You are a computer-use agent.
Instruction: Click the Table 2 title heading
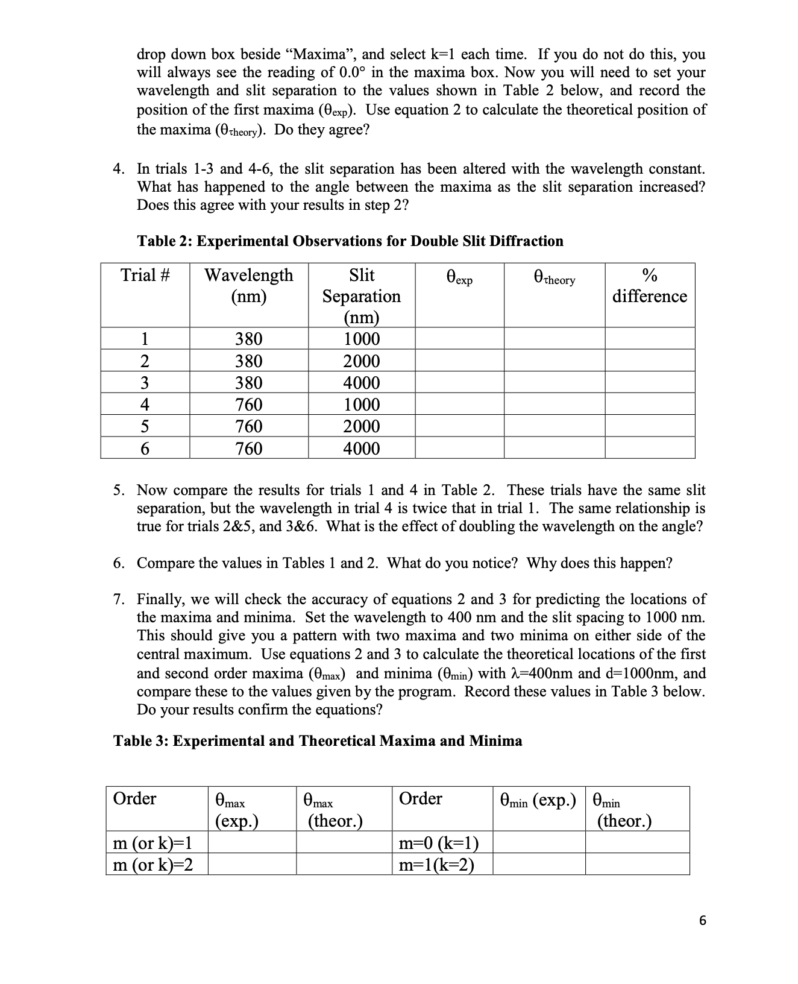pyautogui.click(x=350, y=241)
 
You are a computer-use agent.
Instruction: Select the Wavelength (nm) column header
pyautogui.click(x=248, y=286)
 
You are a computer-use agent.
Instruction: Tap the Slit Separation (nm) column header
pyautogui.click(x=361, y=295)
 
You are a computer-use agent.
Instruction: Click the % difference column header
pyautogui.click(x=649, y=286)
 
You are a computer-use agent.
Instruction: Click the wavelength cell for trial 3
pyautogui.click(x=248, y=383)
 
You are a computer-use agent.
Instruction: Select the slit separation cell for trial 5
pyautogui.click(x=361, y=426)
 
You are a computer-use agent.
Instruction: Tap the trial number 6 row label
pyautogui.click(x=145, y=449)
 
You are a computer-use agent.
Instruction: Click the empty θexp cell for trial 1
pyautogui.click(x=459, y=338)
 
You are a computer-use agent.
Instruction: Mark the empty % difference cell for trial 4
pyautogui.click(x=649, y=405)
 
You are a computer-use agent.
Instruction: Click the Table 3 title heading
pyautogui.click(x=318, y=741)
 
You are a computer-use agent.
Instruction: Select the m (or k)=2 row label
pyautogui.click(x=153, y=865)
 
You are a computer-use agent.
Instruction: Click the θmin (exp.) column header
pyautogui.click(x=538, y=801)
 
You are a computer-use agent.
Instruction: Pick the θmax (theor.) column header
pyautogui.click(x=335, y=810)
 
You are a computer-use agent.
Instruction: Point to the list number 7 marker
pyautogui.click(x=119, y=599)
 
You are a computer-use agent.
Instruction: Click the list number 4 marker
pyautogui.click(x=119, y=169)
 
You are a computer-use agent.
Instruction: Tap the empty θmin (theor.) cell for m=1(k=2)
pyautogui.click(x=636, y=865)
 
